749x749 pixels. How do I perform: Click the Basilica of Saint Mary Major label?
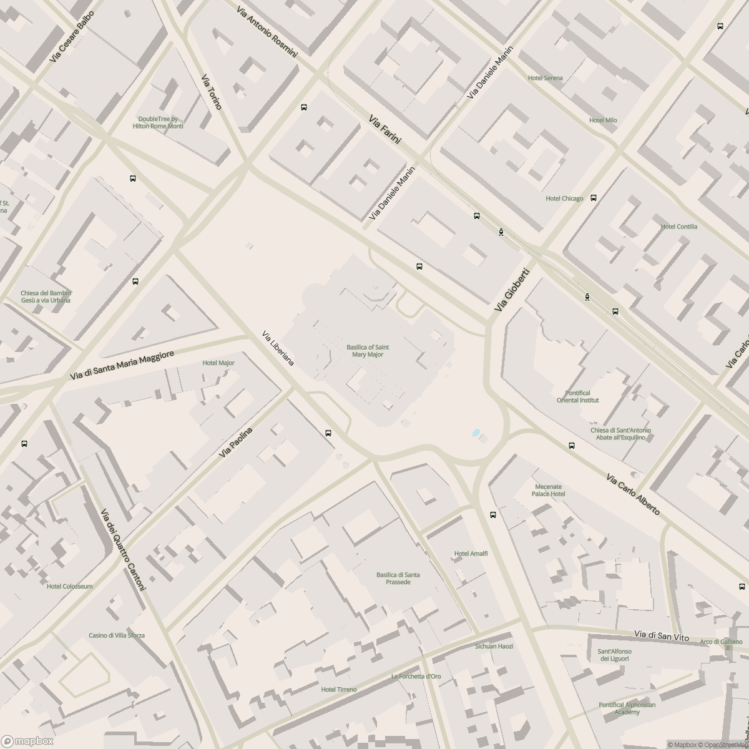pos(368,351)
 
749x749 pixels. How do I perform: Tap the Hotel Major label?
pos(218,363)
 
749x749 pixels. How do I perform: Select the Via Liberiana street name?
pos(278,348)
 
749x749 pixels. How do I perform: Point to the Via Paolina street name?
pos(236,443)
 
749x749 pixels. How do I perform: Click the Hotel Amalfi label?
pos(471,554)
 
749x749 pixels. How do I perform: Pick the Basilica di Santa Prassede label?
pos(398,578)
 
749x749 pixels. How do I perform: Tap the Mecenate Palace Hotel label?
pos(548,490)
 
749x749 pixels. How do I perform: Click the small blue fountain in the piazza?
pos(476,432)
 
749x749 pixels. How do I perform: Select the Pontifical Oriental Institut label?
pos(577,396)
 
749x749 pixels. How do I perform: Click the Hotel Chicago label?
pos(564,198)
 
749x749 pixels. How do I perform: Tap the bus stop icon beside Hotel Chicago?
pos(594,198)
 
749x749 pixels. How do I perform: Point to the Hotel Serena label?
pos(545,78)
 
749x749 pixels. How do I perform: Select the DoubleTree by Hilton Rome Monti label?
pos(158,122)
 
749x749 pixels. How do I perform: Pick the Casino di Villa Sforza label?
pos(116,635)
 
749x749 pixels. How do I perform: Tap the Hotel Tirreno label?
pos(339,689)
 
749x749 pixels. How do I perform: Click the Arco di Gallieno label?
pos(721,642)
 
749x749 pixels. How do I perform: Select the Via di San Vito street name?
pos(661,635)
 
